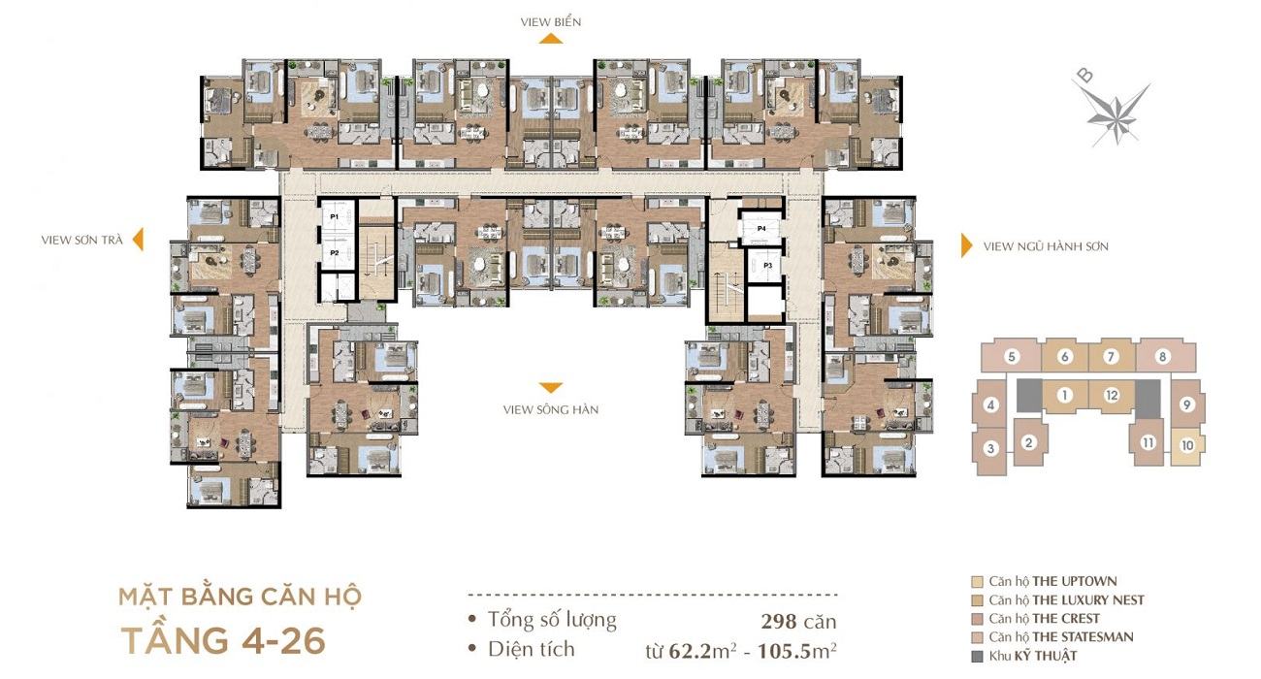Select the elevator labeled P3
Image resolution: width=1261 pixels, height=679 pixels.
[765, 265]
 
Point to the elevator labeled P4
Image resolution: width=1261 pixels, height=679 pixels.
[761, 229]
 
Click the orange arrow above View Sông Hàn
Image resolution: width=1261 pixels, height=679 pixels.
[551, 388]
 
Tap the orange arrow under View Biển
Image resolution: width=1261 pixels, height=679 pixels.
[551, 38]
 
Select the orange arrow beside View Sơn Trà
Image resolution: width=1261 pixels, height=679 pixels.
[138, 240]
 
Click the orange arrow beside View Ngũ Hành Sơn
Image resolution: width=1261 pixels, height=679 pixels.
[966, 245]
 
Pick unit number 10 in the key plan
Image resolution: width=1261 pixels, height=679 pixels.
[1187, 445]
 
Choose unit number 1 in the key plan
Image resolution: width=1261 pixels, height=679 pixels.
[1064, 396]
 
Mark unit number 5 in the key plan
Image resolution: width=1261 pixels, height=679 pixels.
[1012, 356]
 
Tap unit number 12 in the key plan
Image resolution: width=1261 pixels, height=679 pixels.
[1112, 396]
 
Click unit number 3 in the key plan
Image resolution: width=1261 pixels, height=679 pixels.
[990, 449]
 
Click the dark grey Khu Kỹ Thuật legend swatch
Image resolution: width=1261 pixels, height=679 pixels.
[978, 656]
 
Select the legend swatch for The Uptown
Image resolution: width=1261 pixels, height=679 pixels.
[978, 582]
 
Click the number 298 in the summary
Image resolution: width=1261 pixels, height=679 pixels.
[779, 621]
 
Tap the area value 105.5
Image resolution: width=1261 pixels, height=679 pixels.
[784, 652]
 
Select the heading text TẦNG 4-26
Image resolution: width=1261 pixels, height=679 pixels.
[223, 641]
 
